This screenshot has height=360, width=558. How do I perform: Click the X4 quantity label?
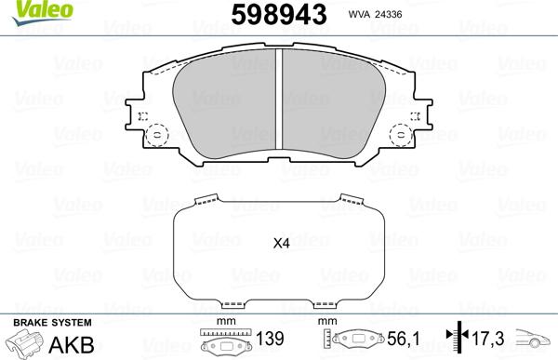(281, 245)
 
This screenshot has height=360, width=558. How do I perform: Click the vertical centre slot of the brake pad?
(281, 102)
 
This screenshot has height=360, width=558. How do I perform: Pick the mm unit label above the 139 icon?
(222, 323)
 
